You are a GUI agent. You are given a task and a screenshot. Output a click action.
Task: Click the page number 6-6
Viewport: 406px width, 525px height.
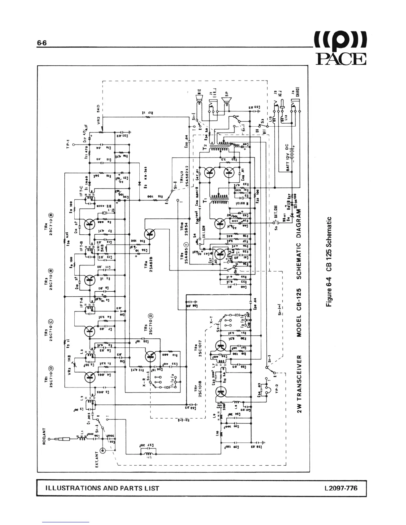[42, 43]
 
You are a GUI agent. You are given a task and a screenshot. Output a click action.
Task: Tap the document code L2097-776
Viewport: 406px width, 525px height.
[341, 488]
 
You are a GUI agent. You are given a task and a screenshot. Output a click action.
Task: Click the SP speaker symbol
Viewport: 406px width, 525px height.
[227, 98]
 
